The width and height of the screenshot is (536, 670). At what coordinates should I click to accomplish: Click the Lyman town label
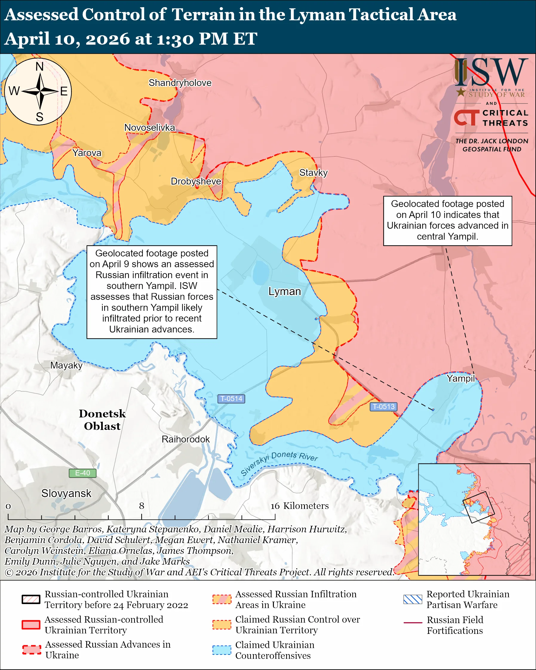(x=285, y=291)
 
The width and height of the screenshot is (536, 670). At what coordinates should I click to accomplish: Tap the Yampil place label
(x=460, y=379)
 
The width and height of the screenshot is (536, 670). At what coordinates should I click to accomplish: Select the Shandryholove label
(x=180, y=83)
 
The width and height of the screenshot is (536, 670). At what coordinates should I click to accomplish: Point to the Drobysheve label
(x=196, y=182)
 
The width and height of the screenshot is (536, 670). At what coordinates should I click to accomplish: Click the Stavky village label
(x=313, y=173)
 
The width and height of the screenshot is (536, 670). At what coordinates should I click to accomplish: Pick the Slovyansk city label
(x=66, y=494)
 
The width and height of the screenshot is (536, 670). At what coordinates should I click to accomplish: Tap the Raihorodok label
(x=185, y=440)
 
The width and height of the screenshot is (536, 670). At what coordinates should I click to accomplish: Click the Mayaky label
(x=66, y=365)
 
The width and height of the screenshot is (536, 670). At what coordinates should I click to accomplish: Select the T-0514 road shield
(x=231, y=399)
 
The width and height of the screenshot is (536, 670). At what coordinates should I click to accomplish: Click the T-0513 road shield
(x=383, y=407)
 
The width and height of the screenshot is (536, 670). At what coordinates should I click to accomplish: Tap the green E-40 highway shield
(x=82, y=473)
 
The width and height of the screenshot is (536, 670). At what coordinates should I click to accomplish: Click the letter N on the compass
(x=39, y=67)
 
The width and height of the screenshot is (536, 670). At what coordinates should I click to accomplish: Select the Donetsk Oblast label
(x=102, y=420)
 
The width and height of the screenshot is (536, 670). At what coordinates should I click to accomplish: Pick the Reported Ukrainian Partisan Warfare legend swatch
(x=413, y=600)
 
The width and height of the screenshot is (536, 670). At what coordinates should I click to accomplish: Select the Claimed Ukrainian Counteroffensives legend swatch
(x=222, y=650)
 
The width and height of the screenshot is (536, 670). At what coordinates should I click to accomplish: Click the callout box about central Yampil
(x=447, y=221)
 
